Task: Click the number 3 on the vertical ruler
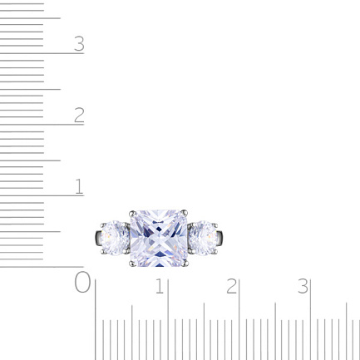(79, 44)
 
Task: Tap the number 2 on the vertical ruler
(79, 115)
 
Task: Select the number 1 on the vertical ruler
(80, 186)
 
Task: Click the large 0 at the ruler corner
(82, 282)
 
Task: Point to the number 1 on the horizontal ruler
(160, 286)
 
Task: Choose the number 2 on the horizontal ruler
(231, 286)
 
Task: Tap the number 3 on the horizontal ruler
(303, 286)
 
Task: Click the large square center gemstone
(159, 239)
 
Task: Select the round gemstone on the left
(115, 238)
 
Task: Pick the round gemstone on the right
(203, 238)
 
